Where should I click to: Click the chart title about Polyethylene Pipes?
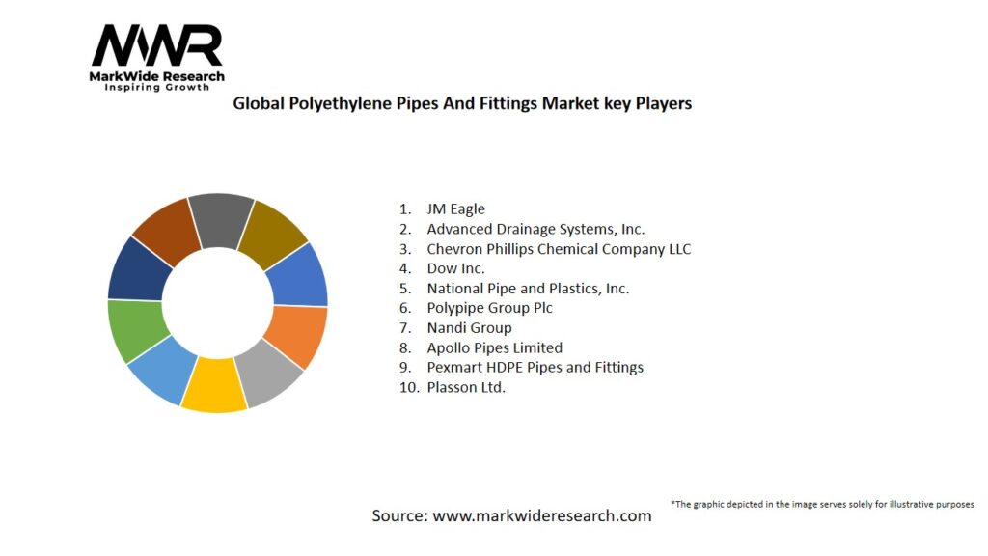click(462, 103)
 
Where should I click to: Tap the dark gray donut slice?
click(221, 220)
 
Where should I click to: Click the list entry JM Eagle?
click(455, 208)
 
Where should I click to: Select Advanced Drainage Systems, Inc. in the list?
click(535, 229)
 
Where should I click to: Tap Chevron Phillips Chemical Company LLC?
click(559, 249)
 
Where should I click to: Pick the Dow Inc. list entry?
click(455, 268)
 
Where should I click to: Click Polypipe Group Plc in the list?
click(489, 308)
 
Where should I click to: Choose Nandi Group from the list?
click(469, 328)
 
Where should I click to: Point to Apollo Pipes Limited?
click(494, 347)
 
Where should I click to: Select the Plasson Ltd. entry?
click(466, 387)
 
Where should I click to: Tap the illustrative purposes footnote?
click(822, 504)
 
